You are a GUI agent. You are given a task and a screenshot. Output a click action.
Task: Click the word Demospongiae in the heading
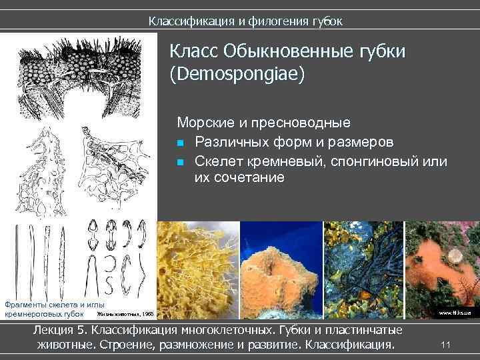click(237, 73)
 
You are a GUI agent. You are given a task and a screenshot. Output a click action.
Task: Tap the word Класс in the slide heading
click(193, 51)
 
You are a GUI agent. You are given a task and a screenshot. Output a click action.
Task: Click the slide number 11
click(447, 344)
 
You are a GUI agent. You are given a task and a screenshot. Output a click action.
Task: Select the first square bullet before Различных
click(181, 143)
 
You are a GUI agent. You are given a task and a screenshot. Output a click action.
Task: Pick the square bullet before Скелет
click(181, 162)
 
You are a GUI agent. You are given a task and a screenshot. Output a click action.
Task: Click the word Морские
click(204, 123)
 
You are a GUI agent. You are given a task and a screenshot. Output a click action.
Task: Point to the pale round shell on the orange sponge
click(455, 255)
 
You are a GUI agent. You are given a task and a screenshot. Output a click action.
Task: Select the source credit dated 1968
click(125, 313)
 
